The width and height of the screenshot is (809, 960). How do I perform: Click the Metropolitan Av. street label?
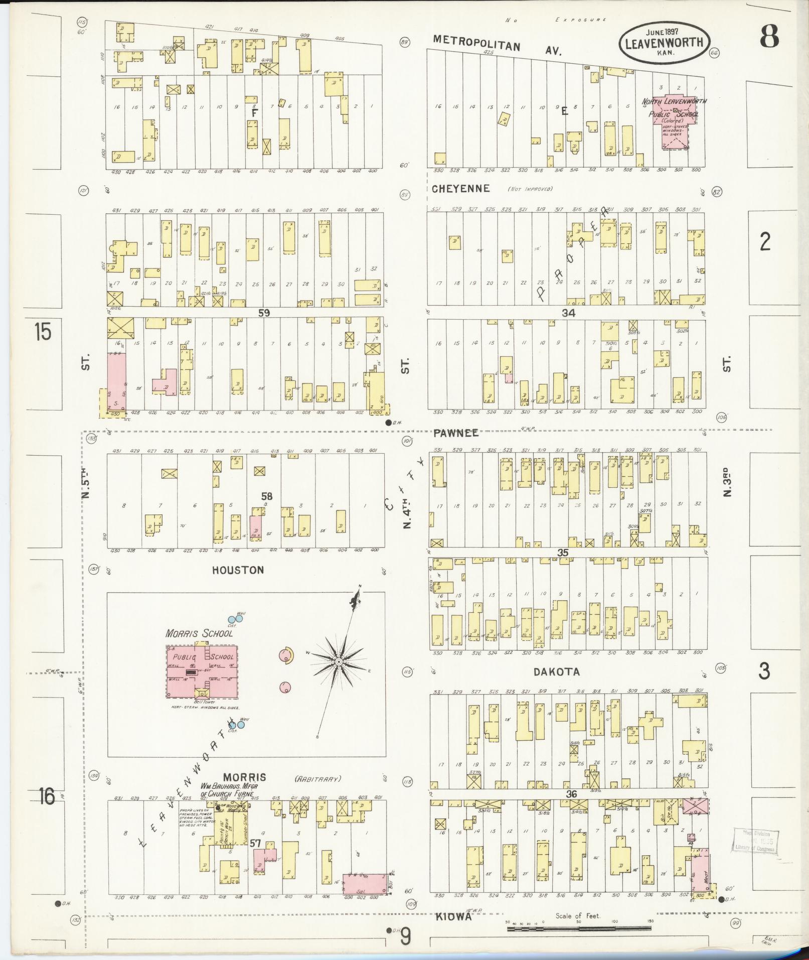tap(497, 45)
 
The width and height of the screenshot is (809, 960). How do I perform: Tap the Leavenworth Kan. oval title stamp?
tap(664, 43)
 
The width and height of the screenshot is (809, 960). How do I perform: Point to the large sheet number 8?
tap(768, 36)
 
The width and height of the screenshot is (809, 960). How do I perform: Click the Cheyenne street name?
tap(460, 189)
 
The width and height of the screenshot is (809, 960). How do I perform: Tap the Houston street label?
tap(237, 570)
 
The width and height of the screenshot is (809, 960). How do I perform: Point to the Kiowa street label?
tap(453, 916)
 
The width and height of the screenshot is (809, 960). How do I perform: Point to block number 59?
tap(264, 313)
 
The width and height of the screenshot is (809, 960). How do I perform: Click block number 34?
tap(568, 313)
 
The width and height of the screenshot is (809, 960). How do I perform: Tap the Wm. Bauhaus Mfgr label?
tap(227, 790)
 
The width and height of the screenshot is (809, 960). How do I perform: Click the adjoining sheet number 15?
tap(43, 332)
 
